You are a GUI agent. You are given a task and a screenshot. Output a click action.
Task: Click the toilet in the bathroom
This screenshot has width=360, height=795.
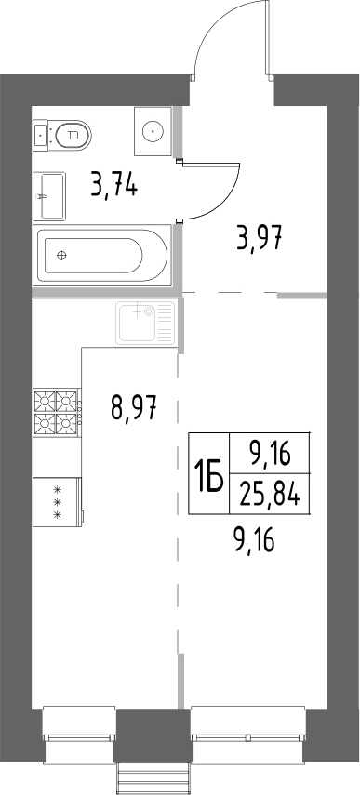point(66,136)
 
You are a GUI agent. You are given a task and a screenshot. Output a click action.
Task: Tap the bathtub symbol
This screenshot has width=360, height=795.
point(100,254)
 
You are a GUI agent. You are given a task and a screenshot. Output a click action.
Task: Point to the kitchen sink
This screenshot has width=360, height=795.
point(142,325)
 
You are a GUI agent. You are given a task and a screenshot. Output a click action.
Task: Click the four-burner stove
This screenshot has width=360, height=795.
point(55,413)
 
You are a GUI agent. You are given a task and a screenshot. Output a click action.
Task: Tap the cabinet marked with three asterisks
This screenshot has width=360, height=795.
point(56,502)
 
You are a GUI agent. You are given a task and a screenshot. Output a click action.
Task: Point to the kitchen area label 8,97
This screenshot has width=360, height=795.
point(132,406)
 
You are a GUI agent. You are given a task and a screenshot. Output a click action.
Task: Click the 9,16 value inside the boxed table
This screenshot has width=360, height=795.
point(270,454)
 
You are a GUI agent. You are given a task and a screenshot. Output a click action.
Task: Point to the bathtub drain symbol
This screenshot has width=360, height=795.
point(62,255)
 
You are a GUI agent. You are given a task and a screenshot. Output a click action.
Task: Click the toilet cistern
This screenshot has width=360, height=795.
point(41,136)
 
